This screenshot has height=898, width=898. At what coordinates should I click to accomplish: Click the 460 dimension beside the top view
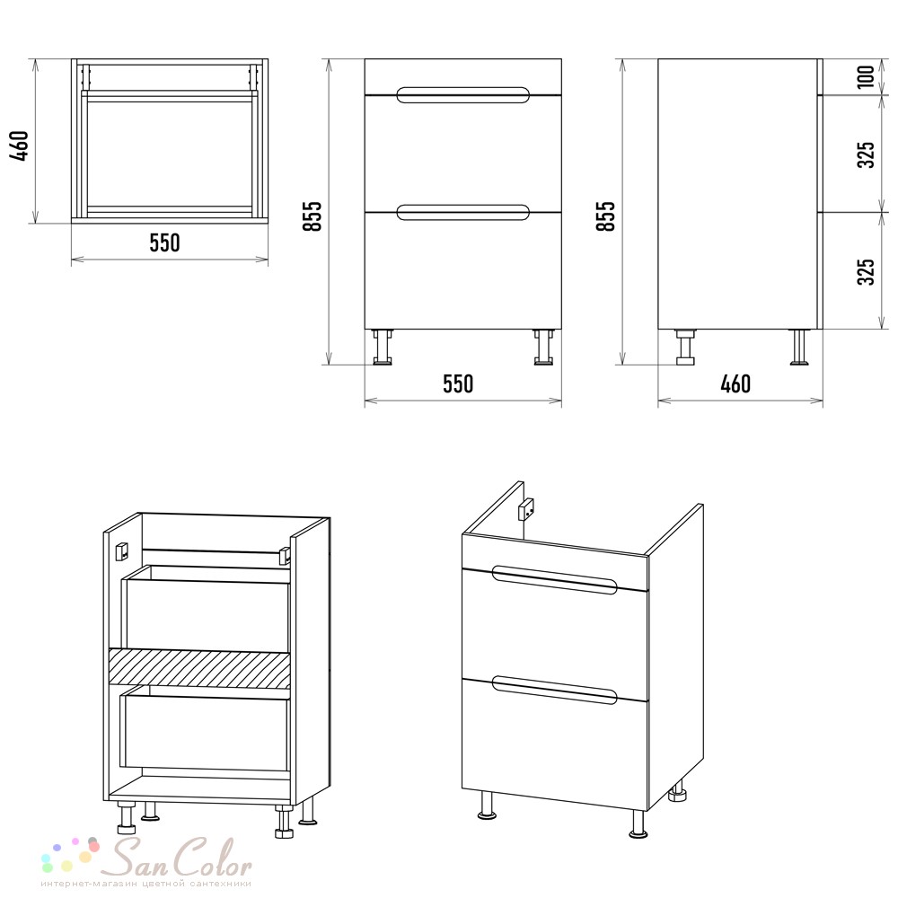click(x=20, y=146)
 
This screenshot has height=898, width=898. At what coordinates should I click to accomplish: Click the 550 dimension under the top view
click(x=165, y=242)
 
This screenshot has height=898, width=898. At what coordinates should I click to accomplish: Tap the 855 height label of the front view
click(x=313, y=216)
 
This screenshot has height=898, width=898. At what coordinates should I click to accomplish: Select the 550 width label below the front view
click(x=458, y=383)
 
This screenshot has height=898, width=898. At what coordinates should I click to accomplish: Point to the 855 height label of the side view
click(x=606, y=216)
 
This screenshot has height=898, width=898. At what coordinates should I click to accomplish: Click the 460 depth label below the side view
click(x=735, y=383)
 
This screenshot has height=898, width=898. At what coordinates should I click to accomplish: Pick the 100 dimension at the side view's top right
click(x=866, y=76)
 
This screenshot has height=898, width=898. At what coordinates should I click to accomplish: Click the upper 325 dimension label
click(x=866, y=154)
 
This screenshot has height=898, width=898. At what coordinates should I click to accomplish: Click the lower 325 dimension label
click(x=866, y=271)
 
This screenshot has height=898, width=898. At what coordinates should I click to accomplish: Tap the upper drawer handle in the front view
click(x=462, y=95)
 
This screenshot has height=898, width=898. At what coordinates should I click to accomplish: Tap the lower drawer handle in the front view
click(x=462, y=213)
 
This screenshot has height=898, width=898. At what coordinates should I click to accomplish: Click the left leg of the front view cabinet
click(x=383, y=347)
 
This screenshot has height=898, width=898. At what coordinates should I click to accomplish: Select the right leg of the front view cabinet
click(x=543, y=347)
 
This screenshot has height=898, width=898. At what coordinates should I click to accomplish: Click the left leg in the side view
click(x=685, y=347)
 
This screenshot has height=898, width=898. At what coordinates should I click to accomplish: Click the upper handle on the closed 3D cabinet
click(x=554, y=579)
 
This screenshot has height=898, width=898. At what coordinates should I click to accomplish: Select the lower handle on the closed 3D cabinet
click(x=554, y=690)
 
